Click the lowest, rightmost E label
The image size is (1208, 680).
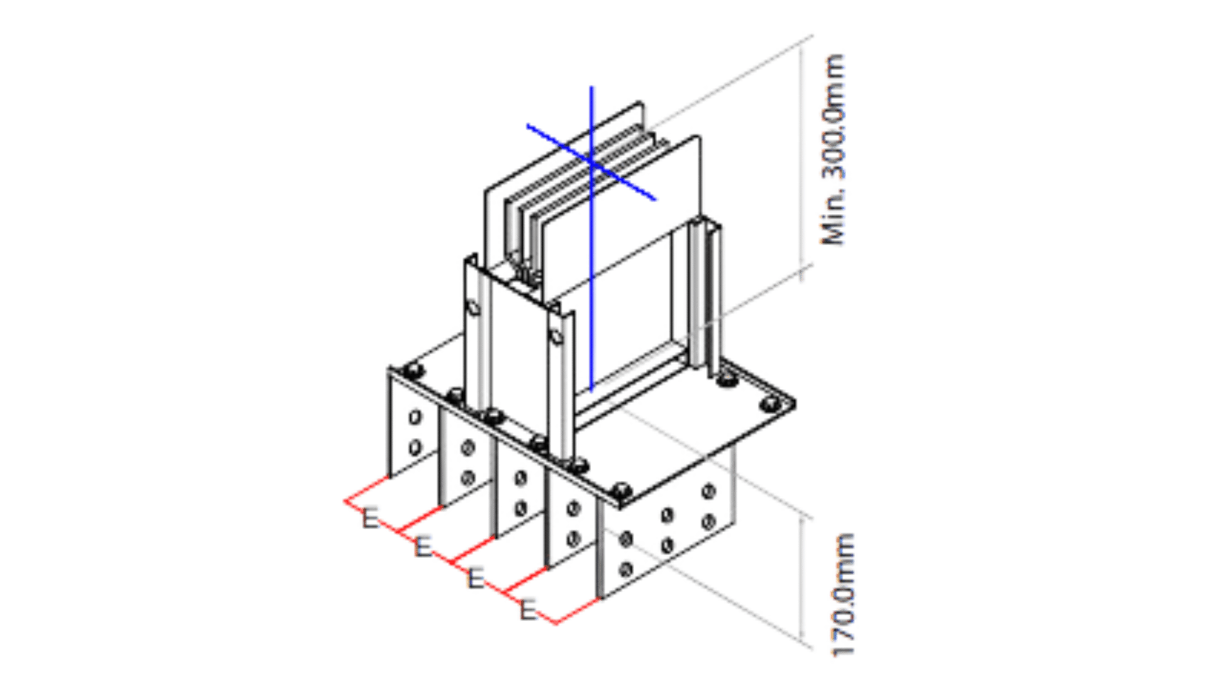pos(527,608)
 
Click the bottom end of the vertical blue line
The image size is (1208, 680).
pos(591,389)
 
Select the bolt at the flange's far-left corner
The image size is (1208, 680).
pos(413,370)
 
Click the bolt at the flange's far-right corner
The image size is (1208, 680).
pos(769,404)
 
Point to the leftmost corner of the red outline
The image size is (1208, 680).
pos(344,501)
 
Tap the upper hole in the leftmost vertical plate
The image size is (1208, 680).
pos(415,417)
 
